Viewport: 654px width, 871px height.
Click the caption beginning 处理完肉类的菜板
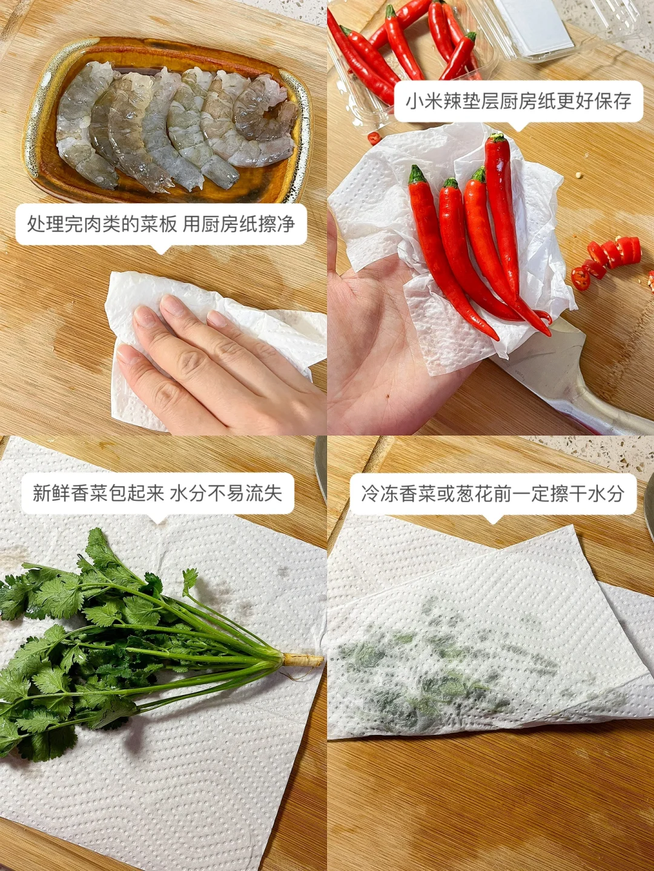(161, 224)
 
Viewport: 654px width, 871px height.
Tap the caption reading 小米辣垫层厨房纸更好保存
(518, 101)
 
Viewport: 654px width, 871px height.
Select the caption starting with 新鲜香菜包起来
(157, 493)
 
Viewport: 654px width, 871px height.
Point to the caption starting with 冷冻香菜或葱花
(493, 494)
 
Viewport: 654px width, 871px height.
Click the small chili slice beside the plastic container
(373, 138)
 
